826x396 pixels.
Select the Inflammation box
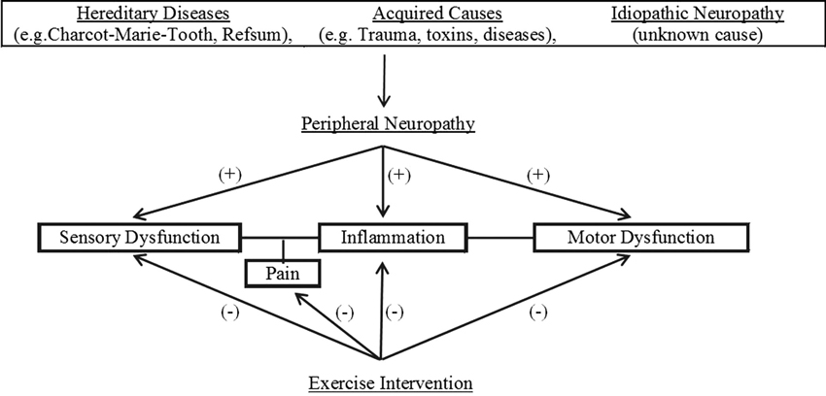point(393,237)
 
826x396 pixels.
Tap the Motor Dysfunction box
point(641,237)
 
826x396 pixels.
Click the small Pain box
point(282,274)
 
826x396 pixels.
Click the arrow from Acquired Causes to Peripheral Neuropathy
point(386,82)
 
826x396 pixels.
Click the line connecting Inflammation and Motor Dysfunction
point(499,237)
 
